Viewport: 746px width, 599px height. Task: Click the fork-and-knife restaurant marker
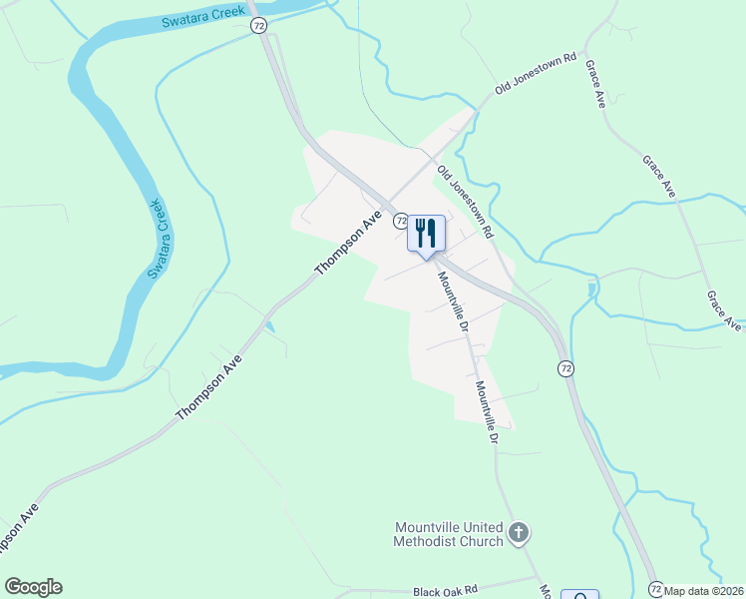(x=426, y=234)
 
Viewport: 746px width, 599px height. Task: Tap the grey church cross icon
(x=518, y=533)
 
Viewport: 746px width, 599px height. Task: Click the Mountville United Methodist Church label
(x=450, y=534)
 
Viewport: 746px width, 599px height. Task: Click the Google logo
(x=33, y=587)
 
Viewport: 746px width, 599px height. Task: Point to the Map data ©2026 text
(x=704, y=590)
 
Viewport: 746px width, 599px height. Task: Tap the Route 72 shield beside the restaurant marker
(x=400, y=220)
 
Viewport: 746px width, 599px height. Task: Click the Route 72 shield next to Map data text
(x=655, y=589)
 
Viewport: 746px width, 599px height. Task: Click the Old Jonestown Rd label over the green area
(x=538, y=75)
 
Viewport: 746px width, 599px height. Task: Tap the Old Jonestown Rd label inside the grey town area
(x=465, y=201)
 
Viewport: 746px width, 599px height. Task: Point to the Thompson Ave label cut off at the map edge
(x=18, y=529)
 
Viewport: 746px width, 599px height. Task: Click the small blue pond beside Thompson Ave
(x=269, y=326)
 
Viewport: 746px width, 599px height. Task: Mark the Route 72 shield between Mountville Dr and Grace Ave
(x=565, y=369)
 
